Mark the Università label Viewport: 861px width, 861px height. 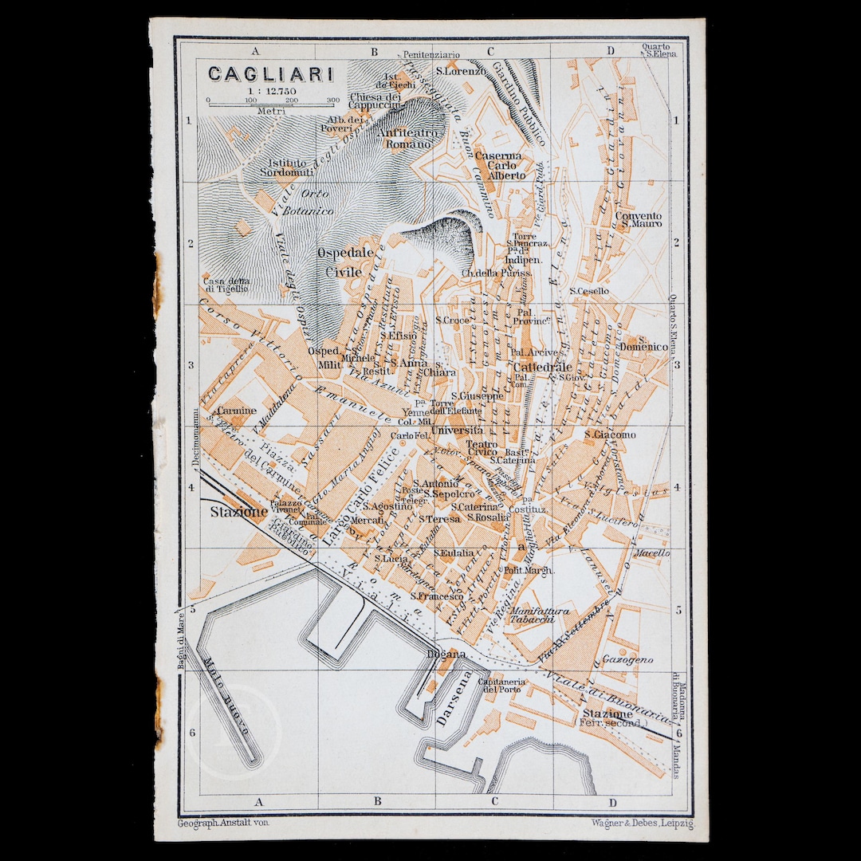[457, 431]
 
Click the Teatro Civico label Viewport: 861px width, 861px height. [482, 450]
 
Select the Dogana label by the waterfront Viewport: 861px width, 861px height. [446, 655]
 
